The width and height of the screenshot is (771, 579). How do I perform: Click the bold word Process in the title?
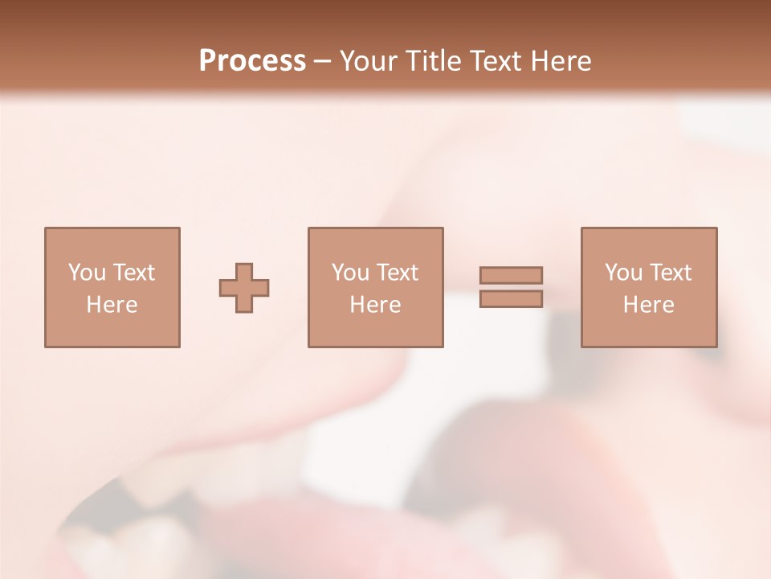click(252, 61)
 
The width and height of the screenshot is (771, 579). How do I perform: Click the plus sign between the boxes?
click(244, 288)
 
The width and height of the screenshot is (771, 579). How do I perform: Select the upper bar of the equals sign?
click(511, 275)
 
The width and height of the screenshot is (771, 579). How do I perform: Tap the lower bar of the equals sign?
click(511, 299)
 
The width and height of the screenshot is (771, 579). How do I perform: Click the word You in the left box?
click(86, 273)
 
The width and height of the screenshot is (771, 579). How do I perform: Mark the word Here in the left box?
click(112, 305)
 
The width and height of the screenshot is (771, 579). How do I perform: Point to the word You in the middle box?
click(349, 273)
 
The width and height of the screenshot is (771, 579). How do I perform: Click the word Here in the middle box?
click(375, 305)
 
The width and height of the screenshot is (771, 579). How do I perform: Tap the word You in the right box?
click(622, 273)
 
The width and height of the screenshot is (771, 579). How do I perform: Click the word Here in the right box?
click(648, 305)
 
